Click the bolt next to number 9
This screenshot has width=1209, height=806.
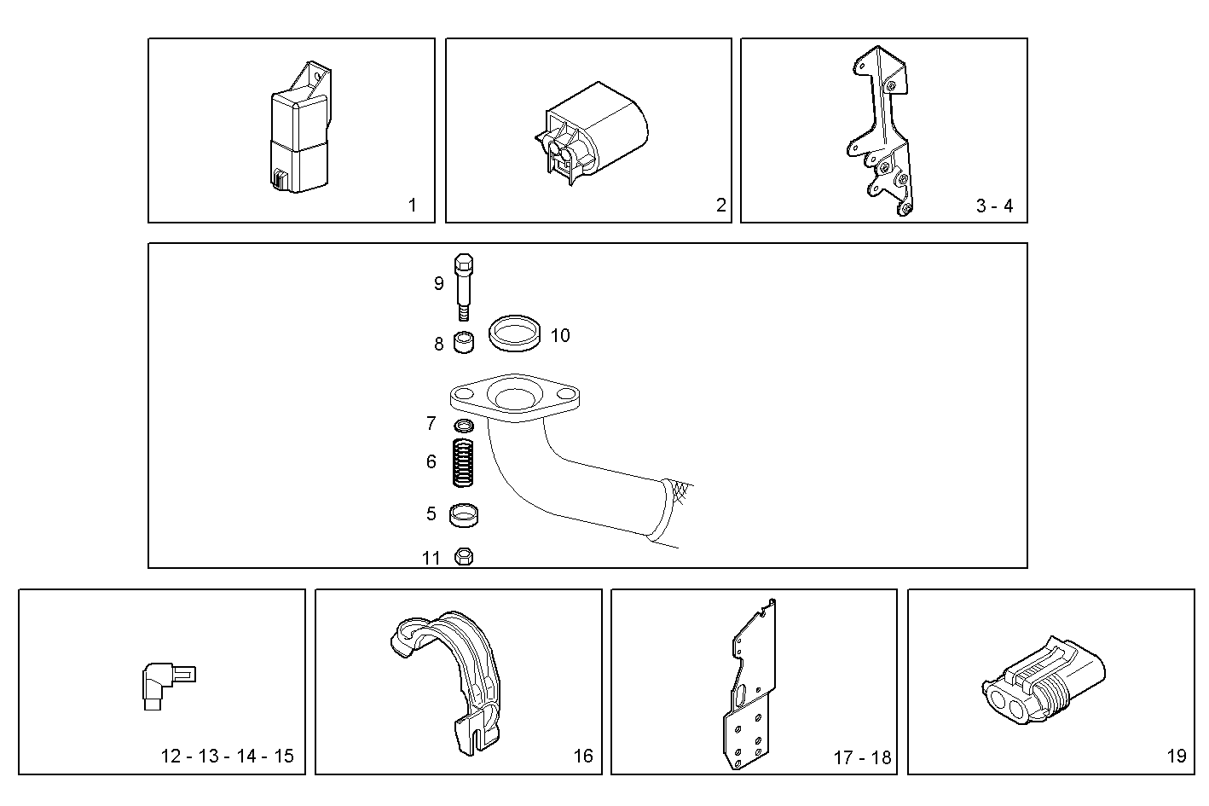[x=465, y=286]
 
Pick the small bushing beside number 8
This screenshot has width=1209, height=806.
[x=462, y=344]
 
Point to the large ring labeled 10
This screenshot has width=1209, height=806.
[x=516, y=333]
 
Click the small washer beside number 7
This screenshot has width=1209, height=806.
[x=463, y=425]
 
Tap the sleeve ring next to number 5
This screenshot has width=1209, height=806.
[x=464, y=514]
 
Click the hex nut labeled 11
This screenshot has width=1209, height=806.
[x=464, y=557]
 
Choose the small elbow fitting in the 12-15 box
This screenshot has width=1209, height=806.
[x=162, y=683]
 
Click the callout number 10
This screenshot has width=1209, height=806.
[x=560, y=335]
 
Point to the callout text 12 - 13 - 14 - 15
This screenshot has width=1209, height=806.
[x=227, y=756]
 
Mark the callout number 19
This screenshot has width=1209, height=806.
[x=1176, y=756]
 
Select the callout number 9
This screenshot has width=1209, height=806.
[x=438, y=283]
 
